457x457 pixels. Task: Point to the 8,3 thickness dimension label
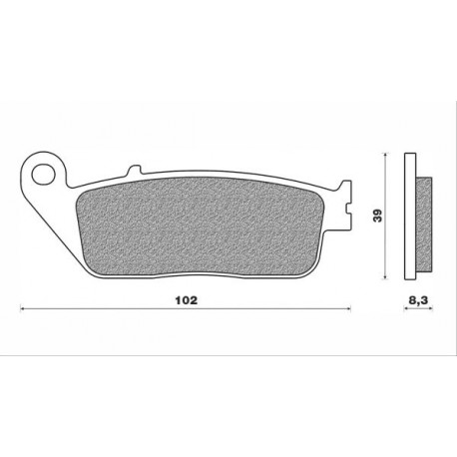tap(418, 297)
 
